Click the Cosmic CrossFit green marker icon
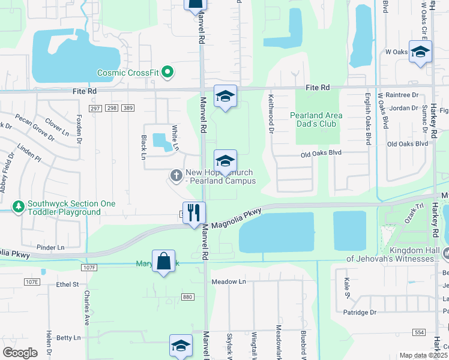(x=168, y=73)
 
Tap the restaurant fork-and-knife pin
(x=194, y=212)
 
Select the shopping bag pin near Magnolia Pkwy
(x=163, y=261)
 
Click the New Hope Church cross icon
(x=176, y=175)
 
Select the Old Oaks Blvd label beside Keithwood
(x=321, y=153)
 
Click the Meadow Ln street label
(x=229, y=281)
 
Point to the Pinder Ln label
(x=50, y=247)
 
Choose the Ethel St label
(x=67, y=284)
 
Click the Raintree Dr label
(x=402, y=95)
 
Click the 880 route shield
(x=188, y=297)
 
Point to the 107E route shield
(x=32, y=281)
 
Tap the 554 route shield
(x=419, y=332)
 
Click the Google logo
(x=20, y=352)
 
